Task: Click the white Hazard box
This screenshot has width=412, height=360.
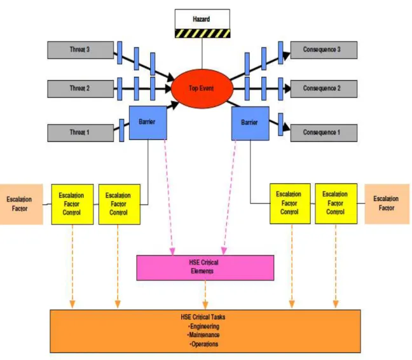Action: tap(202, 19)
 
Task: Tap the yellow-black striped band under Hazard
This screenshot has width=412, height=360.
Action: tap(202, 33)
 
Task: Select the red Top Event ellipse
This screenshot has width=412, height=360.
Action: tap(202, 88)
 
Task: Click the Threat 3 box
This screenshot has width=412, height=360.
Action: tap(80, 50)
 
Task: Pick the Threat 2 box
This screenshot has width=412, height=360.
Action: tap(80, 89)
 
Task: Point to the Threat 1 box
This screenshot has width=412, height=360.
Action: tap(80, 133)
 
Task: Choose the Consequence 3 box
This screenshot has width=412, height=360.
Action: tap(324, 50)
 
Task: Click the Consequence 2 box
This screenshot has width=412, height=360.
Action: tap(324, 89)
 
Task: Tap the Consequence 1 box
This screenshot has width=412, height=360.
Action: tap(324, 133)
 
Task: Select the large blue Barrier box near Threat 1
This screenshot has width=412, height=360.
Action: tap(148, 123)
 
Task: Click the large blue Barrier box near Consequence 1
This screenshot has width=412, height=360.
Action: tap(250, 123)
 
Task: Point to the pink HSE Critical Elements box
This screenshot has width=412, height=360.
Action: tap(205, 268)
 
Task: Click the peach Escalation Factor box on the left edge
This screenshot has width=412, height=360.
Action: tap(21, 204)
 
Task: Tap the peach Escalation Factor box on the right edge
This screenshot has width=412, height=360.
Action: tap(387, 204)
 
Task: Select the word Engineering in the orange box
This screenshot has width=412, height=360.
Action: tap(205, 326)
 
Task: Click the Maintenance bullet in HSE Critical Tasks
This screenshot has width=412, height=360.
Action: tap(203, 335)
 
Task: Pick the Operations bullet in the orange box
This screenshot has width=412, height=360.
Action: tap(203, 344)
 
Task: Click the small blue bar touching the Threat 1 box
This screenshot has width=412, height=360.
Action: tap(121, 130)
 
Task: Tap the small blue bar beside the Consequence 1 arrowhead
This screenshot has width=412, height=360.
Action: tap(280, 125)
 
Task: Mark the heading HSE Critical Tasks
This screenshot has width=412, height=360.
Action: tap(203, 317)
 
